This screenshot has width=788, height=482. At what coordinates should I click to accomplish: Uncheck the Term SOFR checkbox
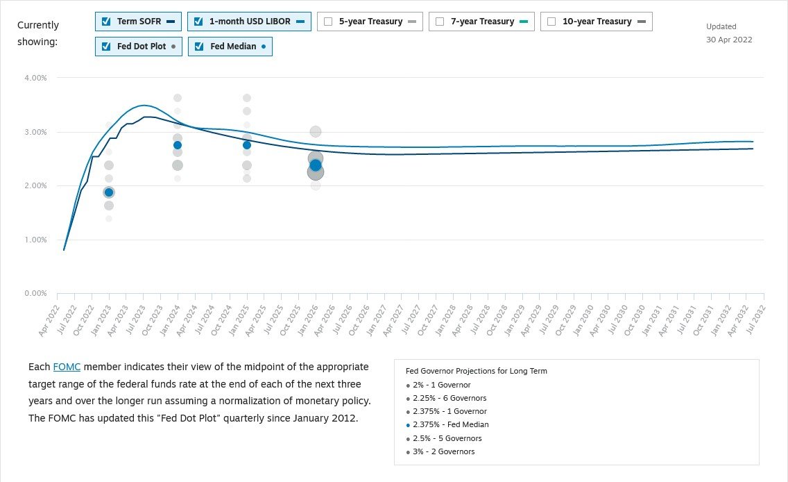(106, 22)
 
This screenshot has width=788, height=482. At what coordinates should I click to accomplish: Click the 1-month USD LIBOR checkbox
(198, 22)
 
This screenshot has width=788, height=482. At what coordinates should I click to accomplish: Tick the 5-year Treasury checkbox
(328, 22)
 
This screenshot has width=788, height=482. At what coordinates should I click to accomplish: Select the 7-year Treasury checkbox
(440, 22)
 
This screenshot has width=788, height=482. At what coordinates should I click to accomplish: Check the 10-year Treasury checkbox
(551, 22)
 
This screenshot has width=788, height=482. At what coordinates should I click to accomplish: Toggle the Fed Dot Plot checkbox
(106, 47)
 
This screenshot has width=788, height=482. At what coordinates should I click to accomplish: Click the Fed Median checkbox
(199, 47)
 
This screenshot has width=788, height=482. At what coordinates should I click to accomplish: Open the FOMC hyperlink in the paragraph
(67, 367)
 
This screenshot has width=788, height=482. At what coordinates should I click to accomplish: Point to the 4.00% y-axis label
(35, 78)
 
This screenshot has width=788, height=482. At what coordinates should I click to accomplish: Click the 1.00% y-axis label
(35, 240)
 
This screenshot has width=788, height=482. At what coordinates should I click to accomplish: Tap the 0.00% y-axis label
(35, 294)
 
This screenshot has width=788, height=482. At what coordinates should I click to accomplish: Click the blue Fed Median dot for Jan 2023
(109, 192)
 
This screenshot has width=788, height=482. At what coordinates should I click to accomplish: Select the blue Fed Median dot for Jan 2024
(178, 145)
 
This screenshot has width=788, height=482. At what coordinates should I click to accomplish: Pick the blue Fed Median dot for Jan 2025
(247, 145)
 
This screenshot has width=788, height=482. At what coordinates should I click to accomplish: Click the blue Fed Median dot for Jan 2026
(316, 165)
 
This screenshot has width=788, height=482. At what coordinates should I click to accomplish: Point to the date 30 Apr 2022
(729, 40)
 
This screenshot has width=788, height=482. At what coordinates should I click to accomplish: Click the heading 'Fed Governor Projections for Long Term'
(476, 371)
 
